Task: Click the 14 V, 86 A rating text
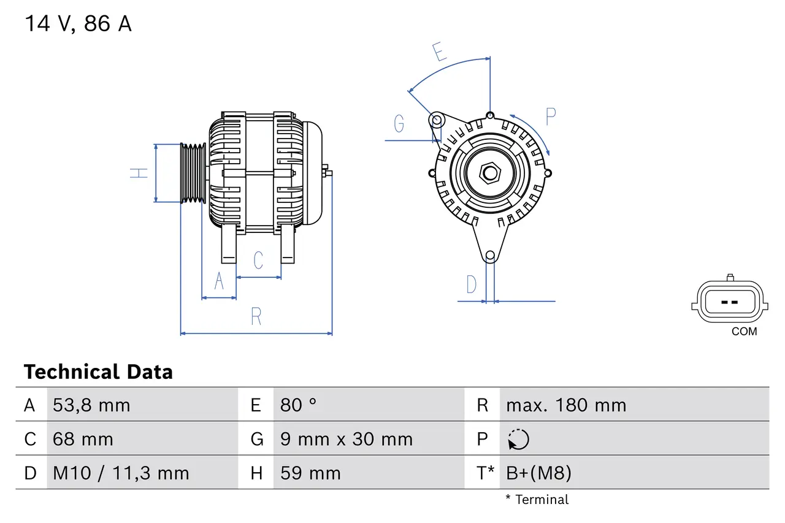[78, 24]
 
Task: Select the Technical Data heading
[98, 372]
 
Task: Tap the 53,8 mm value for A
[91, 405]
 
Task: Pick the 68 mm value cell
[83, 439]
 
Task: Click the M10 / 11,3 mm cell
[121, 473]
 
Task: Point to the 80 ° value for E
[299, 405]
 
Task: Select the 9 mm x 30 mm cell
[347, 439]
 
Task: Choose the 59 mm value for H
[310, 473]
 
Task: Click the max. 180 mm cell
[566, 405]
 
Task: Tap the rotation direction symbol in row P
[518, 440]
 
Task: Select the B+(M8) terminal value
[538, 473]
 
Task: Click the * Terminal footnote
[537, 500]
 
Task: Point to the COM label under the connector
[744, 332]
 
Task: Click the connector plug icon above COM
[729, 301]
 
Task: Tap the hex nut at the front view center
[489, 173]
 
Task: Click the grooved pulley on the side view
[193, 173]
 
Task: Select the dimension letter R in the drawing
[256, 316]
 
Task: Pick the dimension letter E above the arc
[438, 52]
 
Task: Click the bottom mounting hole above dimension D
[489, 256]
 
